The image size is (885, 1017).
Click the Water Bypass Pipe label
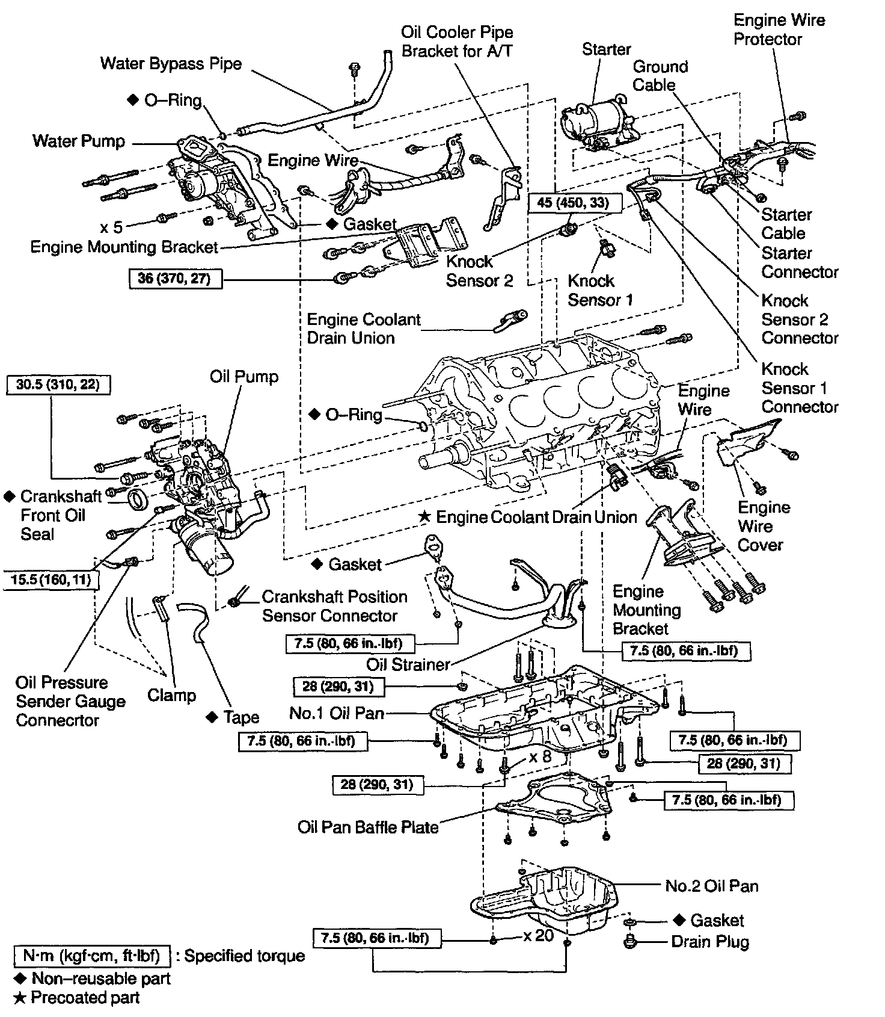[171, 64]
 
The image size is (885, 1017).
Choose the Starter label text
[606, 49]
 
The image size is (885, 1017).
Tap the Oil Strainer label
[408, 664]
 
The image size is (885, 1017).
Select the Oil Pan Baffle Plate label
[368, 827]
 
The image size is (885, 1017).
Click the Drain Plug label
[710, 942]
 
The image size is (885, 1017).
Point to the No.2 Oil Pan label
[712, 886]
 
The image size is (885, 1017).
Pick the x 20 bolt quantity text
[538, 936]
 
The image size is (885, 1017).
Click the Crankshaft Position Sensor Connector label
[334, 606]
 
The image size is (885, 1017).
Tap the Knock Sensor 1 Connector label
[799, 388]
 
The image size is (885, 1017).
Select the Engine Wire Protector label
[779, 29]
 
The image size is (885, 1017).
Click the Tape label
[240, 717]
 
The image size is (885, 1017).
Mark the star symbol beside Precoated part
[20, 998]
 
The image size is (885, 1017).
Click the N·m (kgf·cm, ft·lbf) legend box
[92, 956]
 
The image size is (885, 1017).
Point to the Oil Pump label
[244, 377]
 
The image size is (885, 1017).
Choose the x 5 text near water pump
[111, 227]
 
